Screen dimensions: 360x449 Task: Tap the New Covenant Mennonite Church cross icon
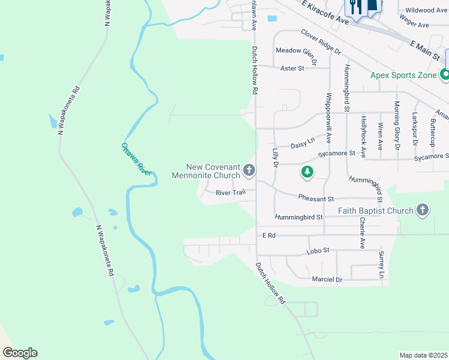click(x=249, y=172)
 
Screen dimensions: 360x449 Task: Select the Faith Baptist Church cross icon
click(x=423, y=210)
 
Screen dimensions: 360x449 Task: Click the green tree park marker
click(x=307, y=173)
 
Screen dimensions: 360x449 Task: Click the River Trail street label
click(x=231, y=193)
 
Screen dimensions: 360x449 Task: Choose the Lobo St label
click(x=319, y=250)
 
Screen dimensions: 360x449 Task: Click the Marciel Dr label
click(x=327, y=280)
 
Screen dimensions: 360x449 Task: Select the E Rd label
click(x=268, y=236)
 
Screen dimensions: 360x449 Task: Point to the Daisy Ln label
click(x=303, y=143)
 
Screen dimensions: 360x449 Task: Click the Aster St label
click(x=293, y=68)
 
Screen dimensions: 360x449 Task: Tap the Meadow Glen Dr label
click(x=295, y=50)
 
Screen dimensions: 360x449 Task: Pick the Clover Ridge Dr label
click(x=321, y=42)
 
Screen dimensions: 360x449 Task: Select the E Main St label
click(x=426, y=49)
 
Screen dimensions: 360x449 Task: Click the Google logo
click(x=20, y=353)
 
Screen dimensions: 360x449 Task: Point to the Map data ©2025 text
click(x=424, y=355)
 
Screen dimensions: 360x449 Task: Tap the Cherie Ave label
click(x=362, y=233)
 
